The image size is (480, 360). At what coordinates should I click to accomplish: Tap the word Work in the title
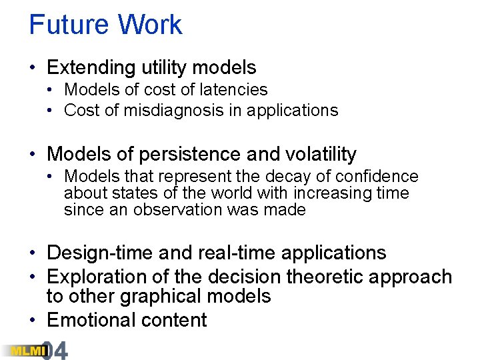(150, 25)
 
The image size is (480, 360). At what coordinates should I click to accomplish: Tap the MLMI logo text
(21, 351)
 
